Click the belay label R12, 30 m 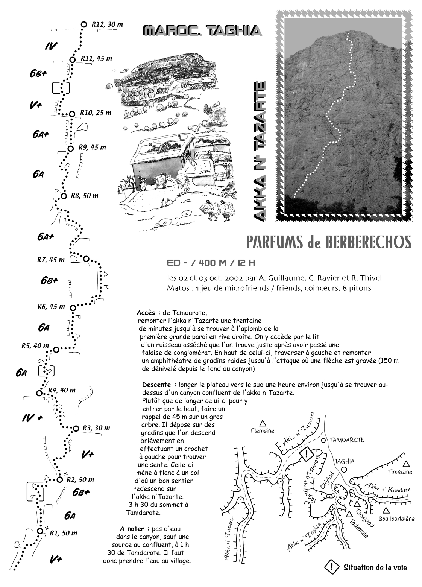[107, 24]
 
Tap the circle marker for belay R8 [64, 196]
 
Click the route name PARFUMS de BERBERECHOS [328, 242]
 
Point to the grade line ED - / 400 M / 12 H [211, 263]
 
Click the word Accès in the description [149, 313]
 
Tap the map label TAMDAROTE [348, 440]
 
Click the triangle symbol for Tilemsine [263, 423]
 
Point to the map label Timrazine [400, 472]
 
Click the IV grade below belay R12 [51, 47]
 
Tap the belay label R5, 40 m [35, 346]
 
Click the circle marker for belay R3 [76, 429]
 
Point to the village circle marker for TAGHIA [344, 470]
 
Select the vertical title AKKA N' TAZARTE [260, 151]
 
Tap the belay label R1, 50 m [64, 533]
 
